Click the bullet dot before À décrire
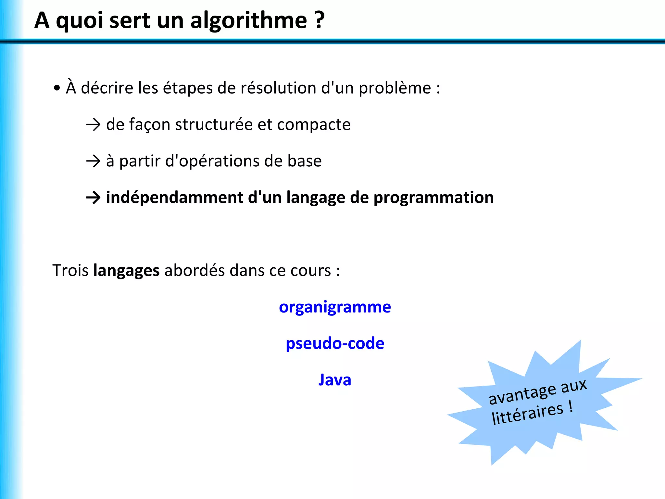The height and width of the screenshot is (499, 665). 57,88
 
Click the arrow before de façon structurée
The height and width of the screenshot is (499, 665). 94,125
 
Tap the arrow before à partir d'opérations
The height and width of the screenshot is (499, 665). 94,161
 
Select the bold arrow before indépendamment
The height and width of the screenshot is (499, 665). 94,198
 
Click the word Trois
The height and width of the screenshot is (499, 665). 70,270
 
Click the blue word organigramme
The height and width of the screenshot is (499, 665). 335,307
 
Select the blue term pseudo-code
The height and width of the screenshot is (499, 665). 335,344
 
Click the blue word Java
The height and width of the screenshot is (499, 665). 335,380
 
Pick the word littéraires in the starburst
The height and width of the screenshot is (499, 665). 527,414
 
